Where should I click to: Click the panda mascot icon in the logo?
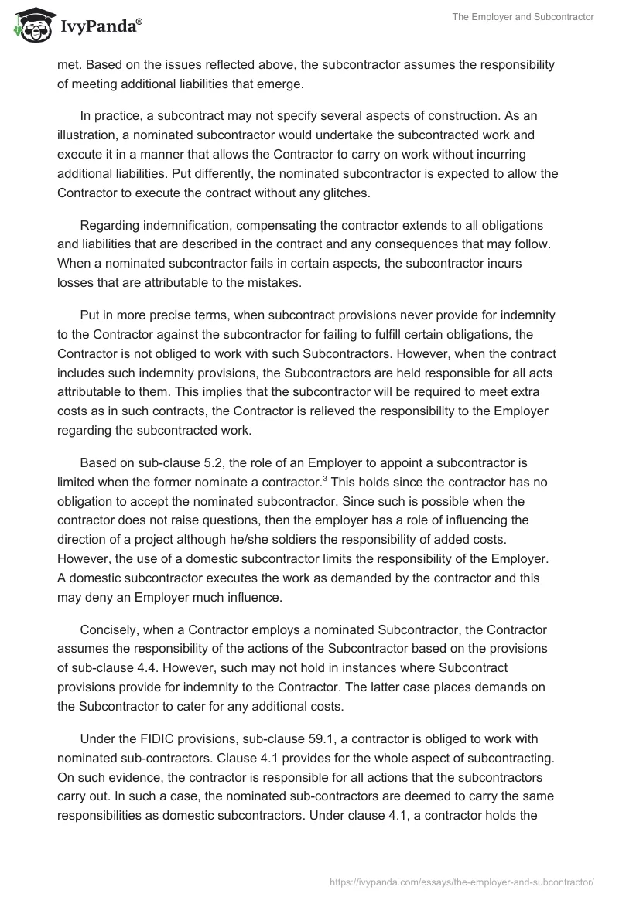29,26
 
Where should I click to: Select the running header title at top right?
524,17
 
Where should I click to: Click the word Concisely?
111,609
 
